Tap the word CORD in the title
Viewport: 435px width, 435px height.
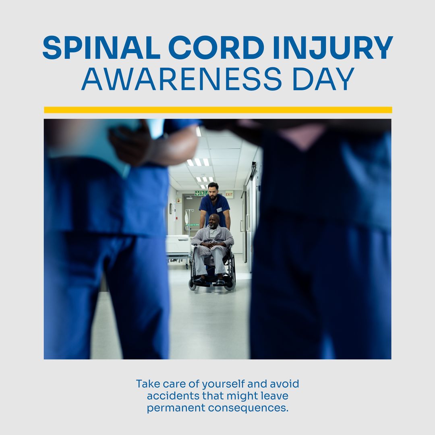point(216,48)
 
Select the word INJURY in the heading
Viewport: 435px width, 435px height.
point(332,48)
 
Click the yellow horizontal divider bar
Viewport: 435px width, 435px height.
point(217,110)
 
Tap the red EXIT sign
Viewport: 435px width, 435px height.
point(229,194)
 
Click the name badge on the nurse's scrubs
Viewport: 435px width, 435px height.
point(220,209)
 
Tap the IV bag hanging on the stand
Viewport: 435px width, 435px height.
point(186,218)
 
